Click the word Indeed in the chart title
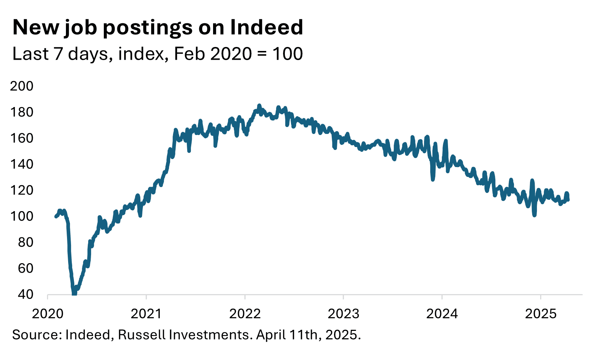pyautogui.click(x=266, y=27)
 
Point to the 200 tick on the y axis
pyautogui.click(x=21, y=86)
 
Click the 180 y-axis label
pyautogui.click(x=21, y=112)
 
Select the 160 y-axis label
pyautogui.click(x=21, y=138)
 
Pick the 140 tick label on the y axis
pyautogui.click(x=21, y=164)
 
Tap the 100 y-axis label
pyautogui.click(x=21, y=216)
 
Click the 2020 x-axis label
pyautogui.click(x=48, y=313)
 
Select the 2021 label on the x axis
pyautogui.click(x=146, y=313)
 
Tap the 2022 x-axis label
pyautogui.click(x=245, y=313)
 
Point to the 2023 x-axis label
pyautogui.click(x=343, y=313)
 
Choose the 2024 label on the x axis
pyautogui.click(x=442, y=313)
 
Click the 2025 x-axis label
pyautogui.click(x=541, y=313)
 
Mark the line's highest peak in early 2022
pyautogui.click(x=259, y=105)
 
